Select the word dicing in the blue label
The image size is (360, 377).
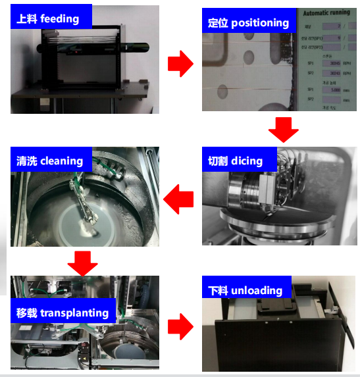(x=247, y=161)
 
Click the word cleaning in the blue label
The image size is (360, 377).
(x=62, y=161)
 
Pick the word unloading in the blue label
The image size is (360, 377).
(x=253, y=290)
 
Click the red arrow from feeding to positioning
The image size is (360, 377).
(x=180, y=64)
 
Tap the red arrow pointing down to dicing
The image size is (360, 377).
(x=284, y=128)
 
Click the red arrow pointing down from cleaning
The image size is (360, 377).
(x=83, y=262)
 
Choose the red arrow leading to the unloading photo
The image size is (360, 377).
(x=180, y=326)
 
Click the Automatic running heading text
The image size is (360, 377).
(x=328, y=13)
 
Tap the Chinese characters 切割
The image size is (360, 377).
(x=218, y=161)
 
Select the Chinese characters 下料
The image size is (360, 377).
(x=218, y=290)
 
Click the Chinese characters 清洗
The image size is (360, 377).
(x=27, y=161)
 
